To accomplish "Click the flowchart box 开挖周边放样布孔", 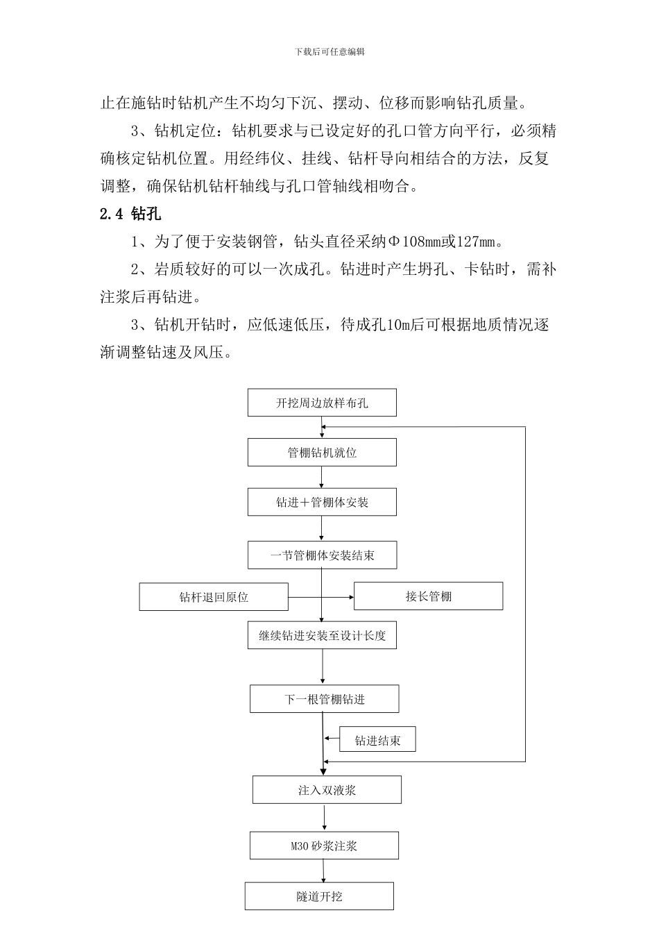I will tap(322, 403).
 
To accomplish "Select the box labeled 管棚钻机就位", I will tap(322, 453).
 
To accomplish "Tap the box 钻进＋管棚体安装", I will tap(322, 502).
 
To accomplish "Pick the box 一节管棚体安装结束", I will tap(322, 555).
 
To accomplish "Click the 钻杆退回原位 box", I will tap(214, 597).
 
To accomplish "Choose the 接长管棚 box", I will tap(428, 596).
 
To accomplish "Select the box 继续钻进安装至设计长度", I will tap(322, 635).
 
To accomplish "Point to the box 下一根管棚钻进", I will tap(324, 699).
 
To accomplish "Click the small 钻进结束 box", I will tap(377, 741).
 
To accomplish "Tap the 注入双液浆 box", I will tap(327, 790).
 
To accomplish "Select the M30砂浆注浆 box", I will tap(324, 846).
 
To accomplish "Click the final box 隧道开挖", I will tap(319, 896).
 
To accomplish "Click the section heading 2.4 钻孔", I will tap(130, 215).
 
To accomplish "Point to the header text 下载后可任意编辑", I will tap(329, 52).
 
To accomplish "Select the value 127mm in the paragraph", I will tap(478, 242).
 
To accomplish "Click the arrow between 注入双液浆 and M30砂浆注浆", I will tap(324, 818).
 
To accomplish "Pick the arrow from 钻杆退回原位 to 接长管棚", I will tap(320, 597).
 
